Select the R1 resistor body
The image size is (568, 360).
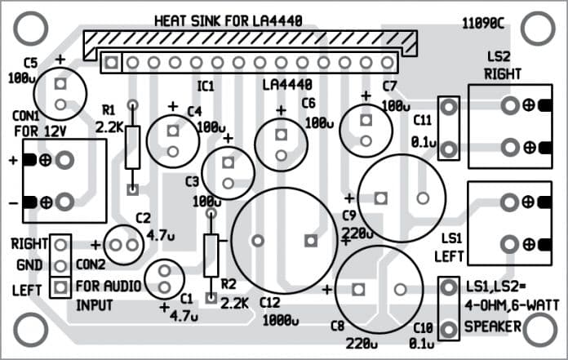[x=132, y=147]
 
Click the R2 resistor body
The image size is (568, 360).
[x=211, y=255]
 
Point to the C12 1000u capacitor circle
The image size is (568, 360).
[x=284, y=241]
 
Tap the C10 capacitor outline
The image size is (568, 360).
[x=447, y=309]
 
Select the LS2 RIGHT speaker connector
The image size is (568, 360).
[x=509, y=126]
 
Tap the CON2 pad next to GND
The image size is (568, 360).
[x=59, y=265]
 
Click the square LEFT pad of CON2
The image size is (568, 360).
[x=59, y=287]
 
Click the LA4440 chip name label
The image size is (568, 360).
[x=287, y=85]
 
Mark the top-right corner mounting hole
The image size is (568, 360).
[x=536, y=28]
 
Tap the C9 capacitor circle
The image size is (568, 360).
[x=402, y=198]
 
